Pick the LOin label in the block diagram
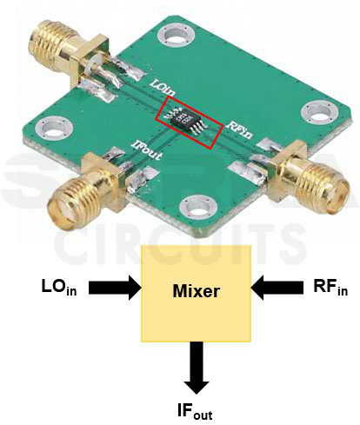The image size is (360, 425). (58, 287)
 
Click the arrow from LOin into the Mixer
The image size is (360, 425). (111, 287)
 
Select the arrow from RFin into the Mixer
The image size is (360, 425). (278, 287)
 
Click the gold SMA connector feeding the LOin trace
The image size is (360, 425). (54, 43)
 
